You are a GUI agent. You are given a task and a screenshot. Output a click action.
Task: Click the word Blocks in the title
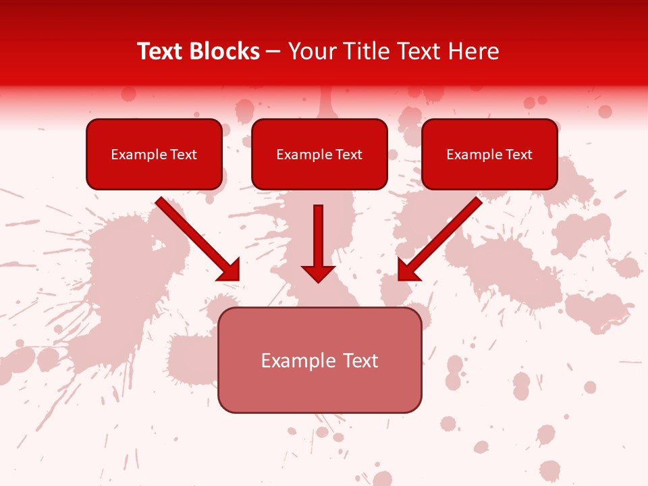click(224, 51)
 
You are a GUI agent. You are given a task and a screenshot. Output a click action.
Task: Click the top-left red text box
click(154, 154)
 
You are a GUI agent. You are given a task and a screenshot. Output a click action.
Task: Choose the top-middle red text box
click(319, 154)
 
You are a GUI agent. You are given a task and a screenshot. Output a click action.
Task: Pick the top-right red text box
click(489, 154)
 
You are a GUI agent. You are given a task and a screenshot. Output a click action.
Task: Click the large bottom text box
click(320, 360)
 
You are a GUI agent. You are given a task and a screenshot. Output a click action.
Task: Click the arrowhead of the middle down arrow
click(318, 273)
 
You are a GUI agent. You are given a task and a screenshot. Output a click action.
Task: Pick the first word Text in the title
click(160, 51)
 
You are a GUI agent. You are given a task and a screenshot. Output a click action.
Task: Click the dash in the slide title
click(273, 51)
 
